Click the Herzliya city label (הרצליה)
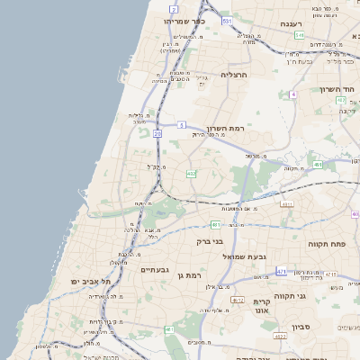point(239,75)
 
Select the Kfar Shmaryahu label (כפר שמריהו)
point(184,20)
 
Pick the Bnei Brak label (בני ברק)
point(211,241)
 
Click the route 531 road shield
point(227,19)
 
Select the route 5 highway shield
point(181,124)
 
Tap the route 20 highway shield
point(157,133)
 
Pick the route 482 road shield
point(191,173)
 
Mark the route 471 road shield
point(282,271)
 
